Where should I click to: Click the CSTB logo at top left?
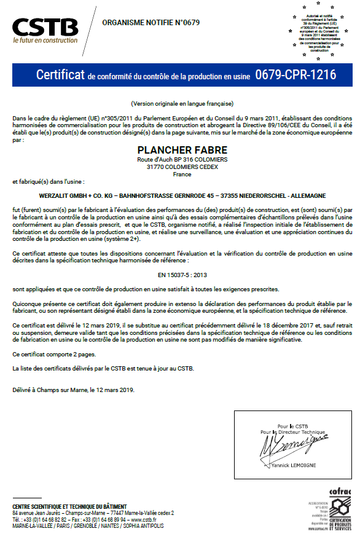point(45,27)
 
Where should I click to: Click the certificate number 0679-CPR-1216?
point(295,75)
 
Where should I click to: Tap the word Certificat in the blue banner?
point(60,75)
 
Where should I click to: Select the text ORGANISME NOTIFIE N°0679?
point(151,23)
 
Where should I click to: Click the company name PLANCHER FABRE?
point(182,150)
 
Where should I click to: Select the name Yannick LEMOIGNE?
point(292,465)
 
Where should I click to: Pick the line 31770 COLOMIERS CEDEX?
point(182,167)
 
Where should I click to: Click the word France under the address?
point(182,174)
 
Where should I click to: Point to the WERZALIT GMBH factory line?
point(182,195)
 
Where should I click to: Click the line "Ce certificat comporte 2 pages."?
point(54,355)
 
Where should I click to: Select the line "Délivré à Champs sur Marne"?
point(73,390)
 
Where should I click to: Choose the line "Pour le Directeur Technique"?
point(292,432)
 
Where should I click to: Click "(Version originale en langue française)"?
point(182,103)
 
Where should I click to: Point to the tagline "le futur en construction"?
point(45,40)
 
